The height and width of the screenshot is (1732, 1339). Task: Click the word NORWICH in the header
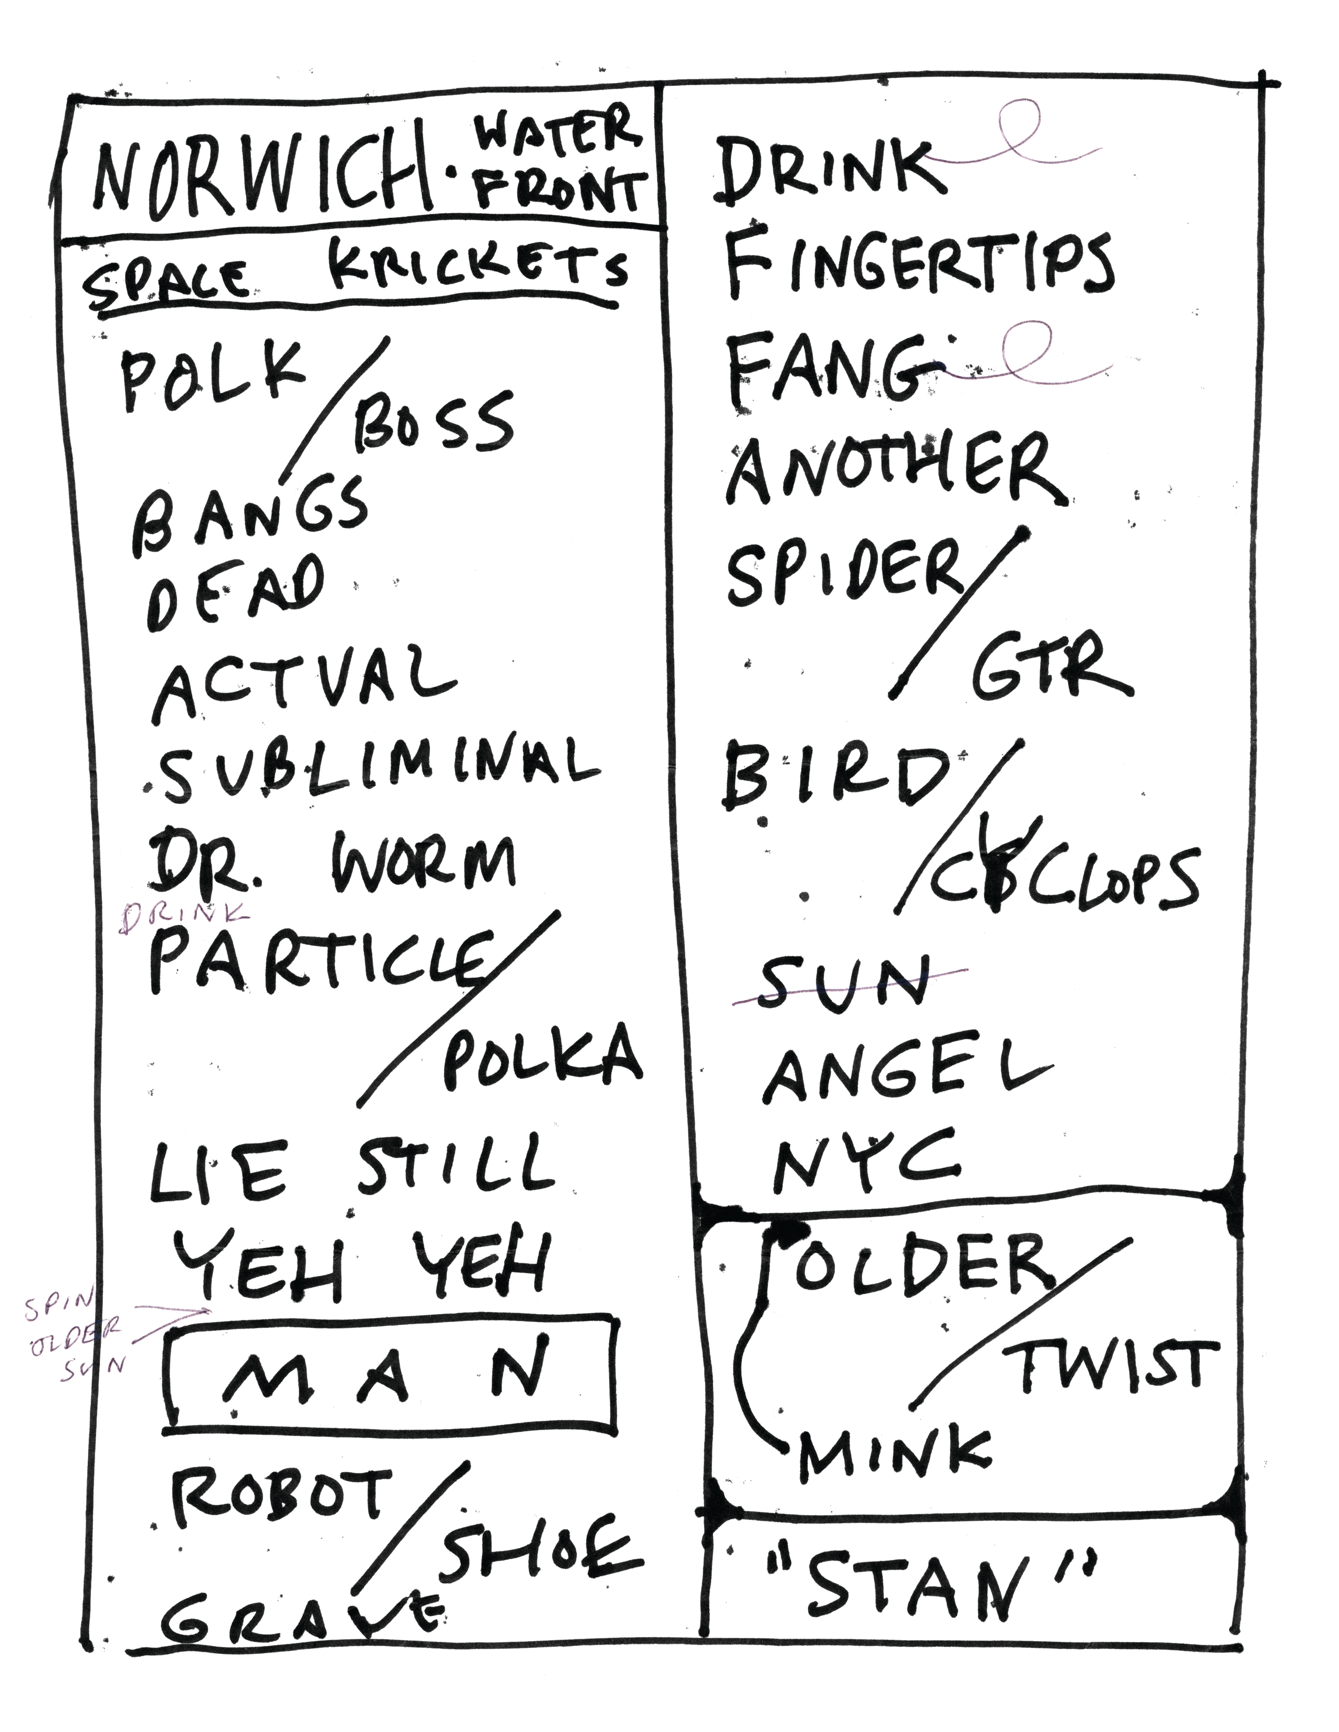click(262, 174)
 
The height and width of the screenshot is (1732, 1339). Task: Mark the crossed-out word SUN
click(845, 984)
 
